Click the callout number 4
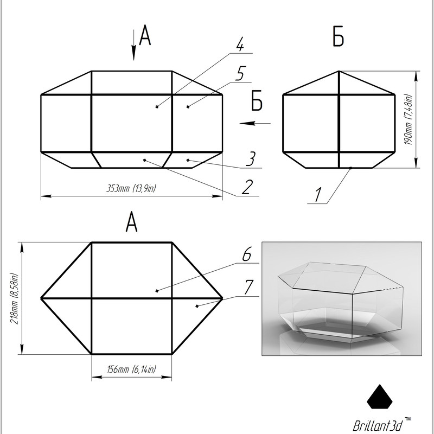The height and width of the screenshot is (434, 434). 240,44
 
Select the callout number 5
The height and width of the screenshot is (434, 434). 240,74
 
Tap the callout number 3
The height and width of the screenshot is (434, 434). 251,159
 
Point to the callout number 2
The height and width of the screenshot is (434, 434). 247,187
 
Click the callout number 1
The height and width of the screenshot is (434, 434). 318,195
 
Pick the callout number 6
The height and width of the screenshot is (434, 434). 247,254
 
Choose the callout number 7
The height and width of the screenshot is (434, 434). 248,287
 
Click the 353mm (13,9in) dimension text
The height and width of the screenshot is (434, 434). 131,189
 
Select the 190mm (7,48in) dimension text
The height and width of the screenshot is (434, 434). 409,119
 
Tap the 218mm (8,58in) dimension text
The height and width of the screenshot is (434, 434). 14,299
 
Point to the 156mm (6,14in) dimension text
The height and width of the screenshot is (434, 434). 131,369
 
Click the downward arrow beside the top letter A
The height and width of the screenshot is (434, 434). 133,45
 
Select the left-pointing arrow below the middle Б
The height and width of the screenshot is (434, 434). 255,123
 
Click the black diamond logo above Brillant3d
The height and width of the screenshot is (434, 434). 380,397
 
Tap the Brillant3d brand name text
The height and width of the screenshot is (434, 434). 379,425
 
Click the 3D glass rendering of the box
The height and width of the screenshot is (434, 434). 342,298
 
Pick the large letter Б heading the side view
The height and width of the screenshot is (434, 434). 338,36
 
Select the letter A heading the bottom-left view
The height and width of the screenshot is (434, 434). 131,221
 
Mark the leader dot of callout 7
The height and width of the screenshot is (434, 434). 197,306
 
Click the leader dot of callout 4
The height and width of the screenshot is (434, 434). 157,107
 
